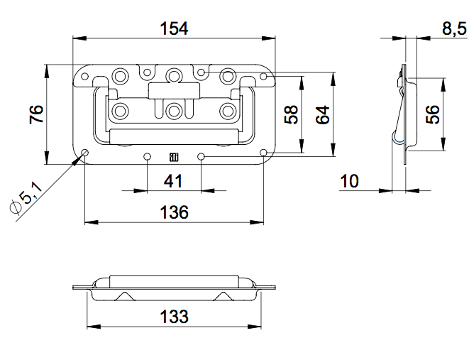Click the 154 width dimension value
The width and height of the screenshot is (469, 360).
click(175, 28)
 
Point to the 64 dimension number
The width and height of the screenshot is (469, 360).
click(322, 114)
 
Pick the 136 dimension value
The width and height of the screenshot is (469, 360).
click(174, 212)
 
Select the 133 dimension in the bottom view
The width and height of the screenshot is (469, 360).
click(174, 316)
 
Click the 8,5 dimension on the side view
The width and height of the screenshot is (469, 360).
click(453, 28)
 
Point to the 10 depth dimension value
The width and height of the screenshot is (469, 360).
click(350, 181)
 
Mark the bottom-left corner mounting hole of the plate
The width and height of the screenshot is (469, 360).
click(85, 153)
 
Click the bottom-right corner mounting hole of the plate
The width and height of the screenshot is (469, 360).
click(263, 153)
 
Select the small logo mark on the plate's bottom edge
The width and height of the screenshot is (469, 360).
click(174, 157)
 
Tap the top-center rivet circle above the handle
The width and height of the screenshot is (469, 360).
click(175, 74)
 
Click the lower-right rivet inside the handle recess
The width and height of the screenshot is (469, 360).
click(227, 110)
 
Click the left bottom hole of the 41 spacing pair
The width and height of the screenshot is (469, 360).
click(147, 156)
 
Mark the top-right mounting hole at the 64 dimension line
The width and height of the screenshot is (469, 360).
click(263, 74)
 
